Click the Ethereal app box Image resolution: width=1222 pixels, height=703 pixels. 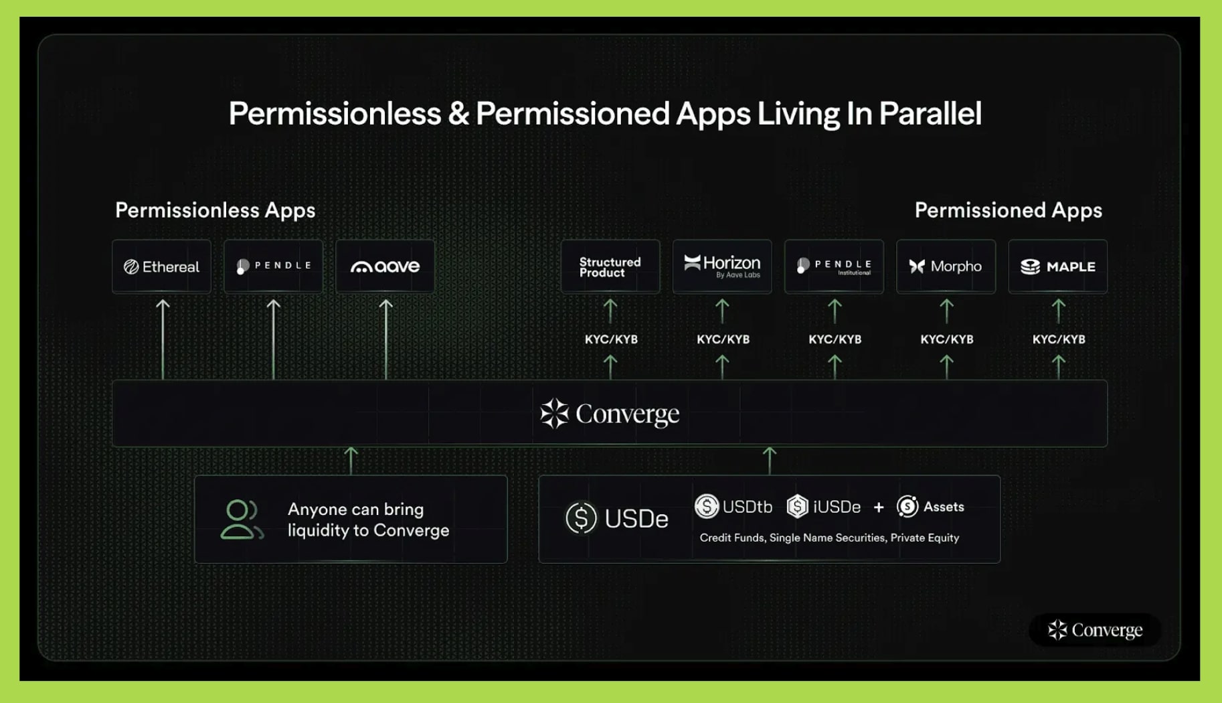(x=161, y=266)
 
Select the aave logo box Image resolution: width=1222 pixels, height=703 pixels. (x=385, y=266)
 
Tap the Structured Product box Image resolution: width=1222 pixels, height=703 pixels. (x=610, y=266)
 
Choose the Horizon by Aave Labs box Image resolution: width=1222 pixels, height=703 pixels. (x=722, y=266)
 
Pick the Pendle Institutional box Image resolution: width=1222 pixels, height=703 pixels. (x=834, y=266)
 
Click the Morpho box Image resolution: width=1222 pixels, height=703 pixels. (x=946, y=266)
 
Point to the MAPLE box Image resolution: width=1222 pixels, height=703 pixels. (x=1058, y=266)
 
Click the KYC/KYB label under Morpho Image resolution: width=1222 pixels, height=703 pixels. (x=947, y=339)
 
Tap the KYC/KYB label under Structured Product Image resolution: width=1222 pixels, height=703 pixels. (x=611, y=339)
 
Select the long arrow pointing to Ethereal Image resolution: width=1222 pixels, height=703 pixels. (x=163, y=339)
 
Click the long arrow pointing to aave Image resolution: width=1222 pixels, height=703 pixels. (x=386, y=339)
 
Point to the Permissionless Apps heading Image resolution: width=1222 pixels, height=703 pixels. (x=215, y=210)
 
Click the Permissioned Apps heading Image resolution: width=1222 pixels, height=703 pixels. (x=1009, y=210)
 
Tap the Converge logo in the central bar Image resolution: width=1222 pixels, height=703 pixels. (x=610, y=414)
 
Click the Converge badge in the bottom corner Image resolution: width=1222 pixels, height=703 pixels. (x=1095, y=630)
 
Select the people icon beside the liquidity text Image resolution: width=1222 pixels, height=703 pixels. (x=242, y=520)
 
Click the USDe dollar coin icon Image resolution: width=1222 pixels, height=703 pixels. (x=581, y=518)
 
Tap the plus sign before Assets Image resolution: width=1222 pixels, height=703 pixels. (x=879, y=507)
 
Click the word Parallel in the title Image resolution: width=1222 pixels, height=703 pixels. (x=930, y=113)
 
